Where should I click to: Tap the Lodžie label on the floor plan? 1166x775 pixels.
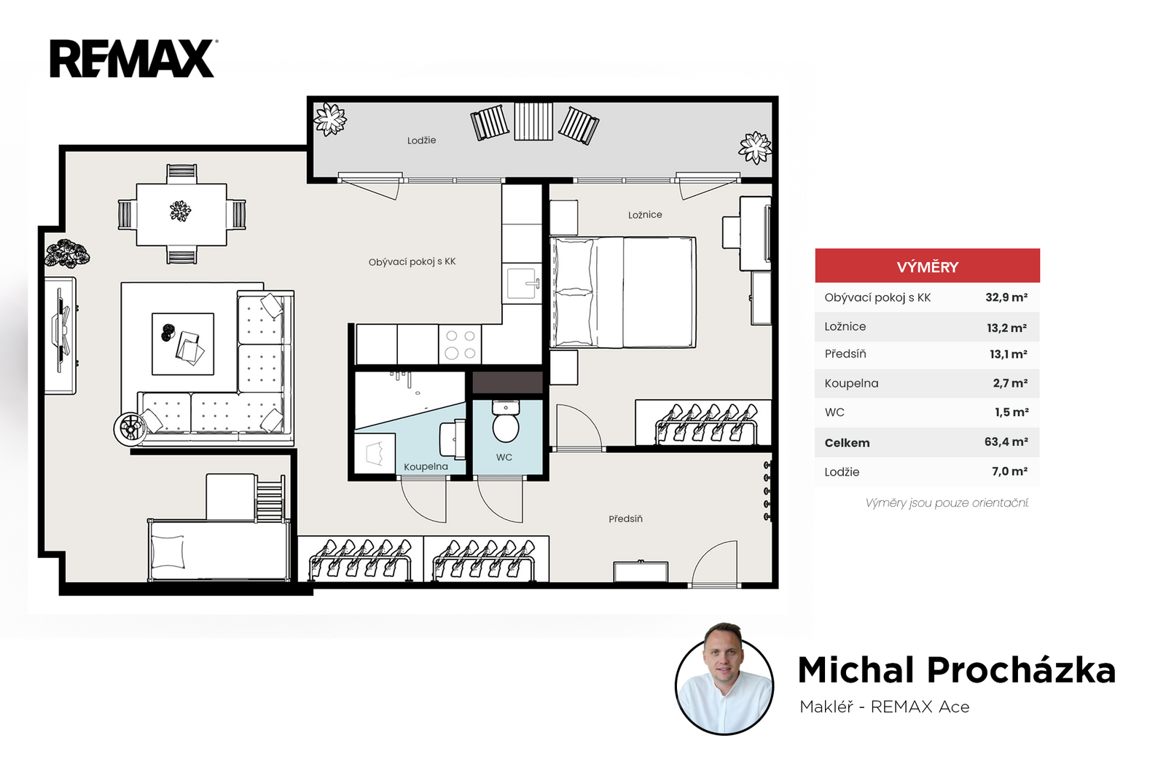tap(422, 141)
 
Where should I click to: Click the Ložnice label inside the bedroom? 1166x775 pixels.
tap(645, 215)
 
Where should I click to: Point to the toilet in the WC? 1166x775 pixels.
tap(506, 421)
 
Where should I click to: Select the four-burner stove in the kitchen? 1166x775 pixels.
tap(460, 345)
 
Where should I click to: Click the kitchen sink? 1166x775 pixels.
tap(522, 283)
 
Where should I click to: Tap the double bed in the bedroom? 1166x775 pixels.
tap(623, 292)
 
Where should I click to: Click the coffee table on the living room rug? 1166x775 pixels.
tap(183, 344)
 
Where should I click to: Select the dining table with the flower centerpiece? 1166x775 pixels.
tap(181, 214)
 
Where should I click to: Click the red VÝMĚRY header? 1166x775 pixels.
tap(927, 266)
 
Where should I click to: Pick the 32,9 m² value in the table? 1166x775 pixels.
tap(1006, 297)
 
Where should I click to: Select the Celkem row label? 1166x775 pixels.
tap(847, 443)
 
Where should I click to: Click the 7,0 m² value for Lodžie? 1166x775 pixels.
tap(1009, 472)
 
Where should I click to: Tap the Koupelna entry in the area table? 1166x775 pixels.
tap(851, 383)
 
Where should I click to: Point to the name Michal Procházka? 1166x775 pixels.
tap(957, 670)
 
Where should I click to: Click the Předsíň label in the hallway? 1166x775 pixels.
tap(625, 519)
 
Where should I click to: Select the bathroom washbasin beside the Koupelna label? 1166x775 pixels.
tap(452, 440)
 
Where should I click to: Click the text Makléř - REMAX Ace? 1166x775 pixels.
tap(885, 707)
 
